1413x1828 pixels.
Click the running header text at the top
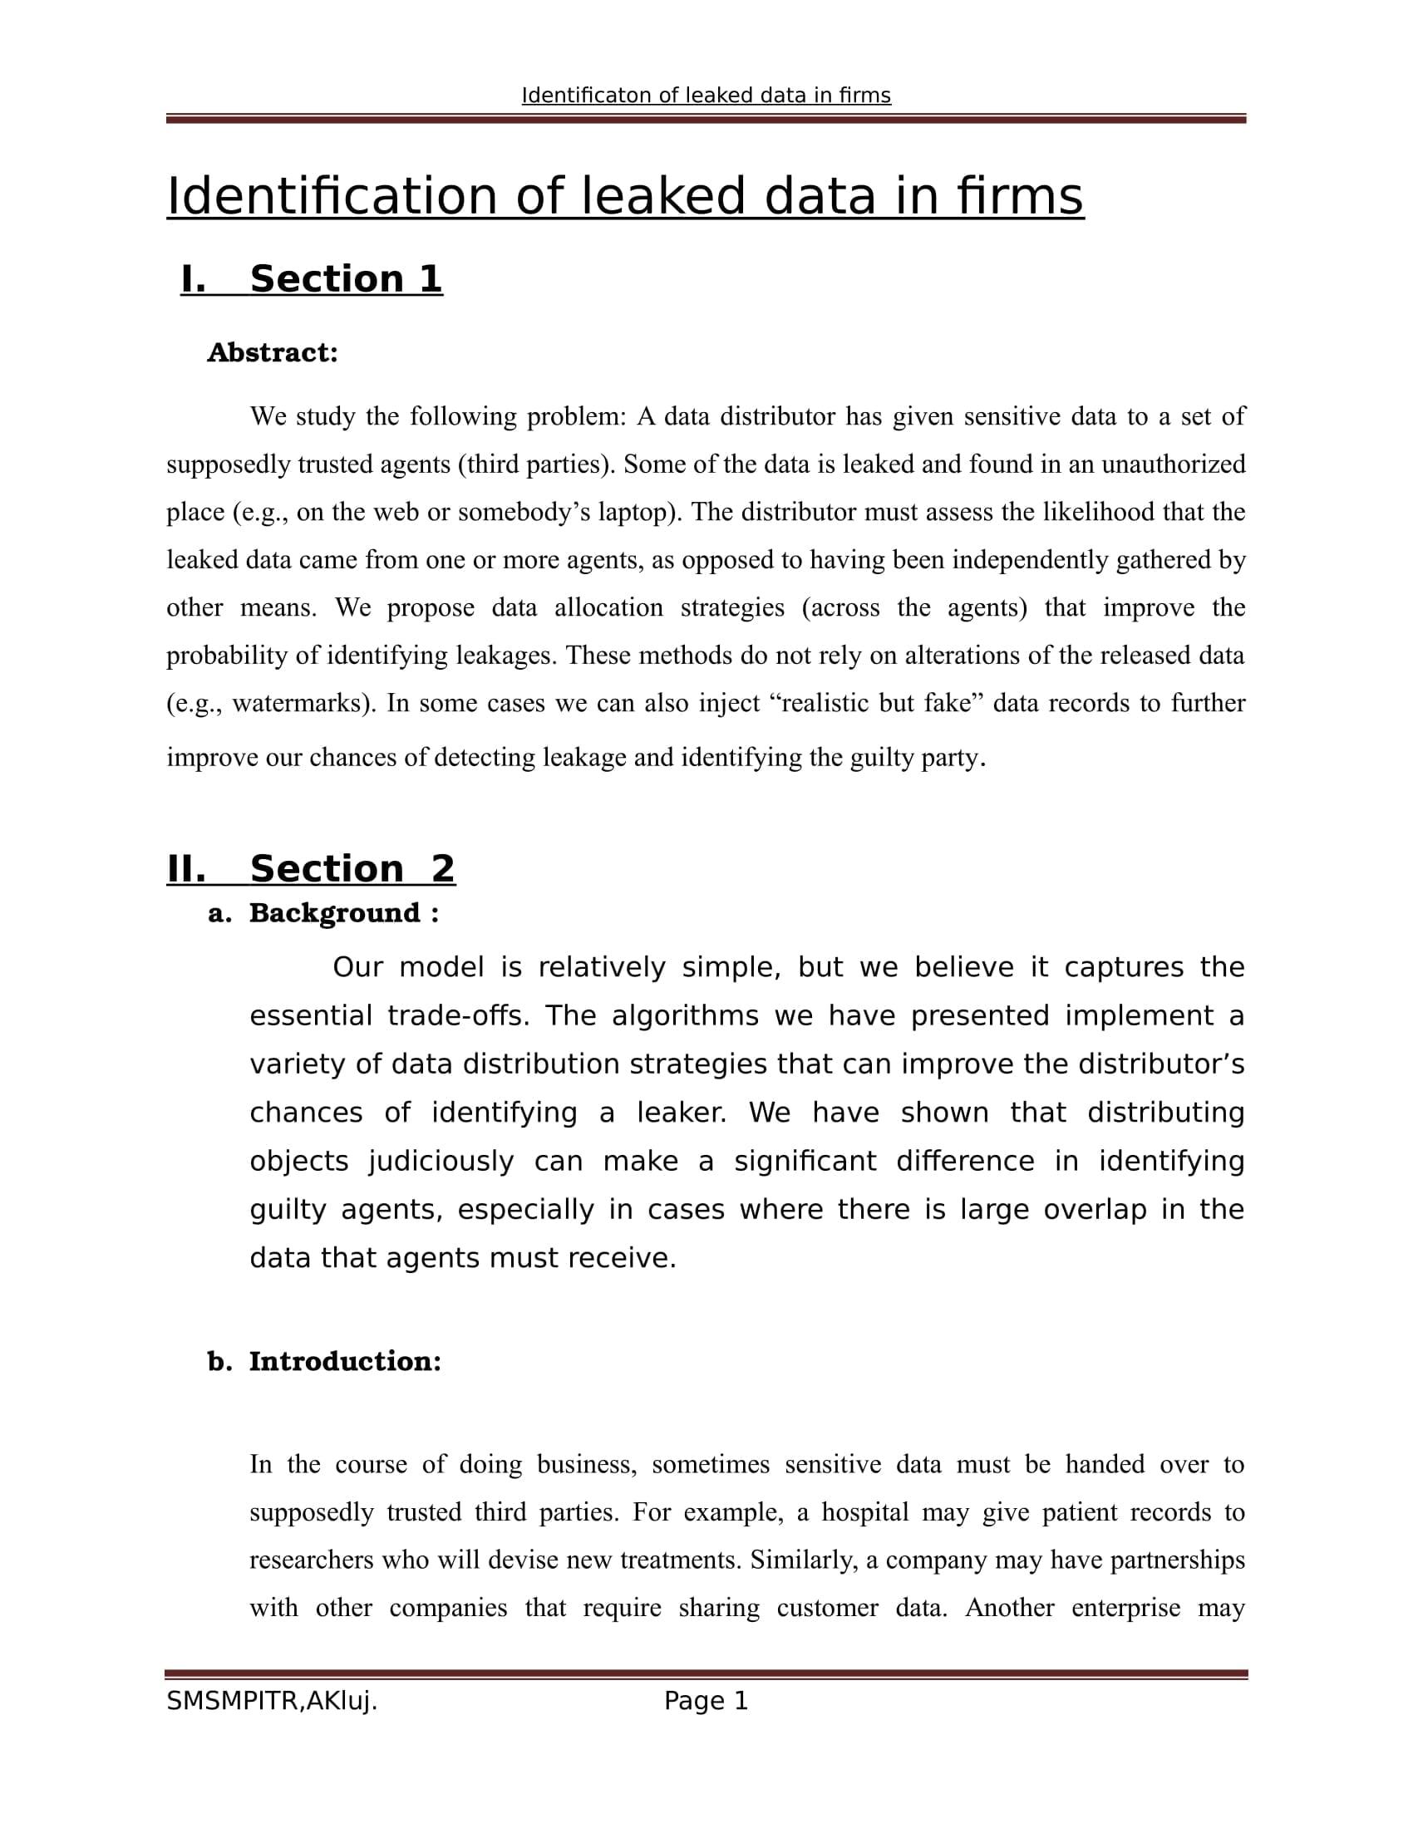(706, 96)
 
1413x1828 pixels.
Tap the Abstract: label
(272, 352)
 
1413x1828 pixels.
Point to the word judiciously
(441, 1161)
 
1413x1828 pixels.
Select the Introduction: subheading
(345, 1361)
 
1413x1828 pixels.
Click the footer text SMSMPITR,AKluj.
(272, 1701)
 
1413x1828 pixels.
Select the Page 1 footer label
(706, 1701)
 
